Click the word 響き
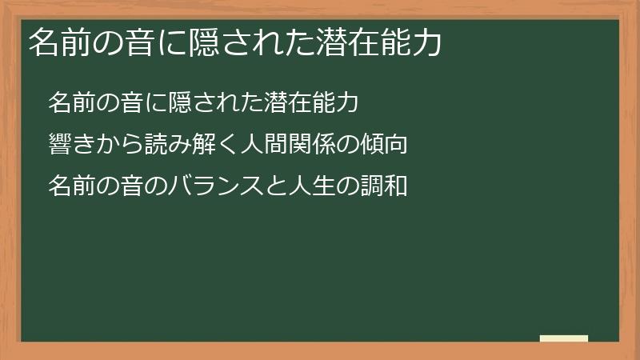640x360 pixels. click(x=70, y=145)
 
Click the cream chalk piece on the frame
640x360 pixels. click(x=564, y=339)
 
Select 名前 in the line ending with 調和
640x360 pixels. click(x=70, y=186)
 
